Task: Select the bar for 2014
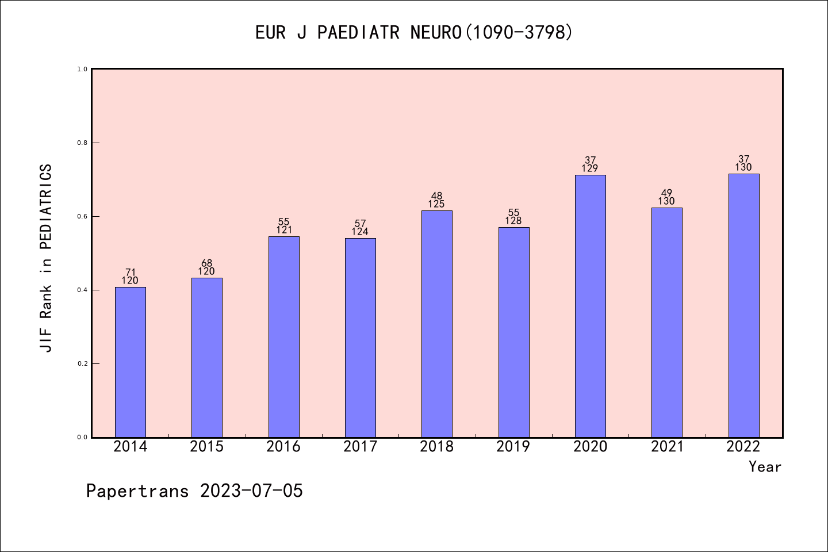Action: pos(131,362)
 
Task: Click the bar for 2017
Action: pos(361,338)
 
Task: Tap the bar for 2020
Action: pos(591,306)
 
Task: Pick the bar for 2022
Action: pos(743,306)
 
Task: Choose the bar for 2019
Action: pos(513,332)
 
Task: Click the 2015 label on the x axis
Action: pos(207,447)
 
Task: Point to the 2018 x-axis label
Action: pos(437,447)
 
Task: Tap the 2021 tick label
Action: pos(667,447)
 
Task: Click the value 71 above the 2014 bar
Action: pos(131,272)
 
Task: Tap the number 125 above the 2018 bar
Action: pos(436,204)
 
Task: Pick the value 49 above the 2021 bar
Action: pos(667,193)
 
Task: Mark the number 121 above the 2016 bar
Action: pos(283,230)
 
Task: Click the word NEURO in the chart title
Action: pos(436,33)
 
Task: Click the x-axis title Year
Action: pos(765,467)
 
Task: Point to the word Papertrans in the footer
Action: pos(137,491)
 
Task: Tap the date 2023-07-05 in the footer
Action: pos(251,491)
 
